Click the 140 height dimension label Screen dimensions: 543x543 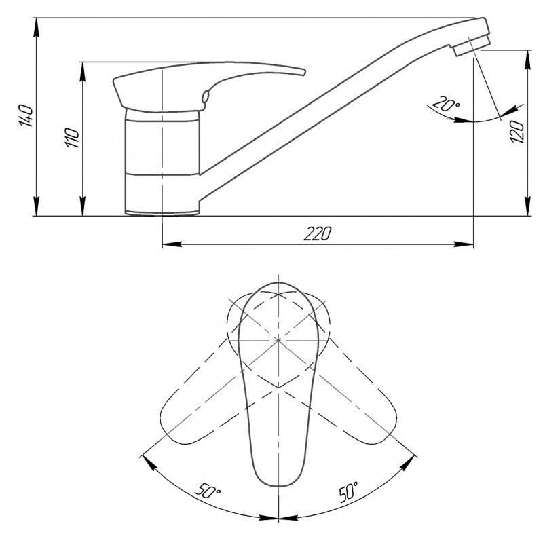(26, 115)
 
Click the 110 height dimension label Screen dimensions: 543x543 (73, 138)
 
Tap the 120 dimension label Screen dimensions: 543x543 (517, 131)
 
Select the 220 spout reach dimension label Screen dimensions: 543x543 (317, 233)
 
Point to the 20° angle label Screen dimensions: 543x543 (446, 104)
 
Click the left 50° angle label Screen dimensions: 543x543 (208, 490)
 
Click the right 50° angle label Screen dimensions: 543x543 (348, 491)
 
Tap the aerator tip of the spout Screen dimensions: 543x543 (472, 45)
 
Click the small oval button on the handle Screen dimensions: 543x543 (205, 96)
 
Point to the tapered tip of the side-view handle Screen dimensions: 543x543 (303, 72)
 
